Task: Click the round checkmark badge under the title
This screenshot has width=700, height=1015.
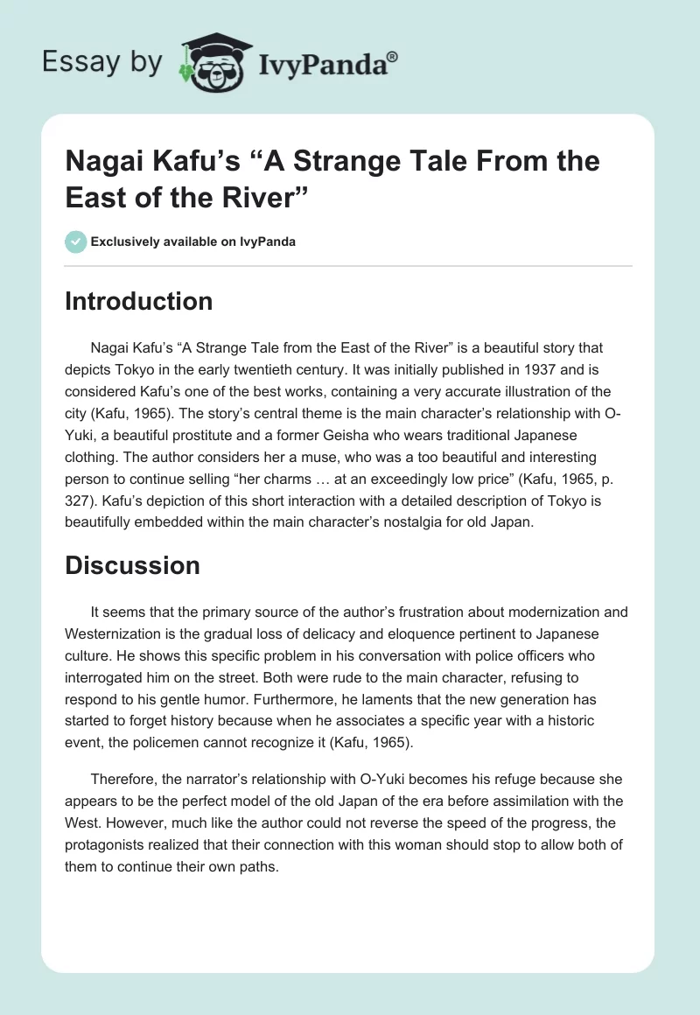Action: (75, 241)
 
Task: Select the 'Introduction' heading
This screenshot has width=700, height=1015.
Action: (138, 301)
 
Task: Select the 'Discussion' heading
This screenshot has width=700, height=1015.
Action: (132, 565)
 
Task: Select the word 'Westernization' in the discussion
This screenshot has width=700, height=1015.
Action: (115, 633)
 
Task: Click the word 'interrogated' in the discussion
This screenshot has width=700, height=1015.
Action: (104, 675)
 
